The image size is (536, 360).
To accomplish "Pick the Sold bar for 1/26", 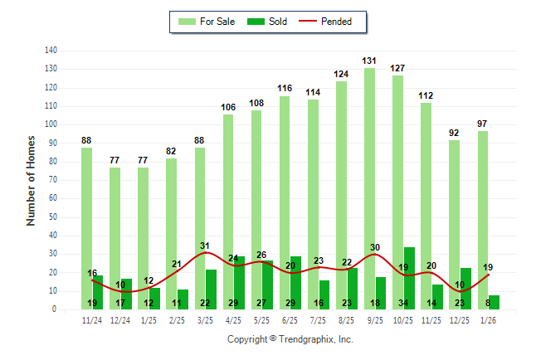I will (x=494, y=302).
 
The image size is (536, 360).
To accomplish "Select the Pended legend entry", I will (x=329, y=22).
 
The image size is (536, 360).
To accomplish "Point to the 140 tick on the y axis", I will (x=51, y=51).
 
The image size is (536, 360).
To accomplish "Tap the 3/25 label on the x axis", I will (x=206, y=319).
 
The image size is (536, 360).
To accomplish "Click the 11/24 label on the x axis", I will (x=92, y=319).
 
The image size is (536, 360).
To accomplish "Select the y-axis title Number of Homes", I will (x=31, y=180).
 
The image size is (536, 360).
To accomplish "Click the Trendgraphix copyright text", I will (x=290, y=339).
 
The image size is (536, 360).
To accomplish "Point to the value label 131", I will (x=370, y=61).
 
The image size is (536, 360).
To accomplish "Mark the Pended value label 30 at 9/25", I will (x=375, y=247).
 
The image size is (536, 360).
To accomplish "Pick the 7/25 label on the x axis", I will (x=319, y=319).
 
